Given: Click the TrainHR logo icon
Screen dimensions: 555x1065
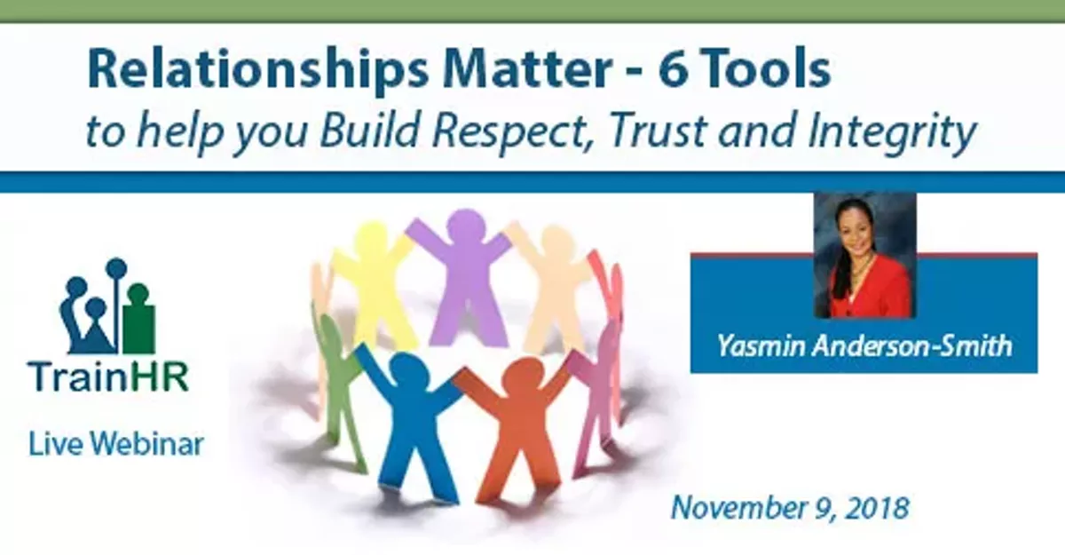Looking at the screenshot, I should [107, 307].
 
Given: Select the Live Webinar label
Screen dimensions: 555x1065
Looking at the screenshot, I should [114, 443].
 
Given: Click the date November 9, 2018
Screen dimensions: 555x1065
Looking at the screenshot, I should [789, 508].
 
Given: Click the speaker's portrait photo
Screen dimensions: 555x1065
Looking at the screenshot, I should [864, 255].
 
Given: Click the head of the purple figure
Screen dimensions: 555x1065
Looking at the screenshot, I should [462, 226].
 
